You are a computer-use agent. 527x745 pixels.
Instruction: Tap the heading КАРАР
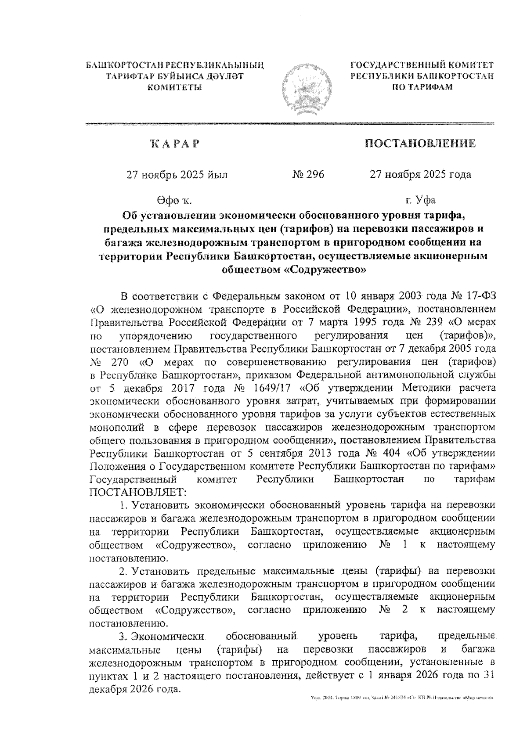coord(174,144)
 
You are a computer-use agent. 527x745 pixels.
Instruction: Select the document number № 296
coord(308,174)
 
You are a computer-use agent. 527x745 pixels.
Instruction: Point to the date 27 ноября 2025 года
coord(420,174)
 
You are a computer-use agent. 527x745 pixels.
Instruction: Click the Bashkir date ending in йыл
coord(177,174)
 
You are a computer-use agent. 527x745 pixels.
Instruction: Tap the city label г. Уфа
coord(420,200)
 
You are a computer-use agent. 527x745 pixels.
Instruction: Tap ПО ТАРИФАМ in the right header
coord(422,87)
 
